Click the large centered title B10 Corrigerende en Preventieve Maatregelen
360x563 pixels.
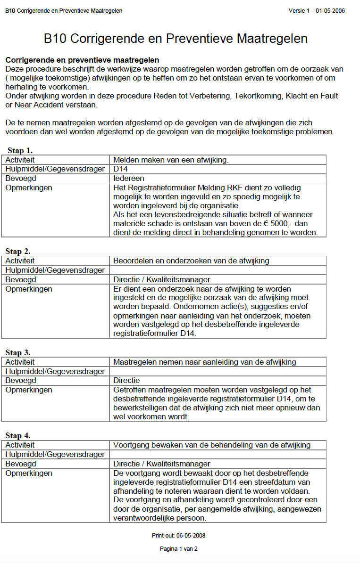pyautogui.click(x=176, y=39)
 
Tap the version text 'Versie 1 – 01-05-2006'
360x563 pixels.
pyautogui.click(x=316, y=11)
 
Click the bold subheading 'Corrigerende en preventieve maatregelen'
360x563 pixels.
pyautogui.click(x=82, y=60)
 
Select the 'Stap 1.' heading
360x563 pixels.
pyautogui.click(x=20, y=151)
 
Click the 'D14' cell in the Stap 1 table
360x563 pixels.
pyautogui.click(x=121, y=169)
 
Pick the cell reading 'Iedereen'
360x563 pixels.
pyautogui.click(x=129, y=179)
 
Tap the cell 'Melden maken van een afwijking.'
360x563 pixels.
pyautogui.click(x=171, y=160)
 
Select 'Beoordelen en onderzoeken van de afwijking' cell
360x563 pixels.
pyautogui.click(x=191, y=261)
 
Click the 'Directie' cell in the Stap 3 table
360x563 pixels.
pyautogui.click(x=126, y=381)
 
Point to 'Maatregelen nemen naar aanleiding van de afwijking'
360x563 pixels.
pyautogui.click(x=205, y=362)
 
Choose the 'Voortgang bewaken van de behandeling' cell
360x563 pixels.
pyautogui.click(x=212, y=445)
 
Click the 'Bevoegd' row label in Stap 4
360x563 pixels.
pyautogui.click(x=21, y=464)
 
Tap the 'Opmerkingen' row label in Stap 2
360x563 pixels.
pyautogui.click(x=29, y=289)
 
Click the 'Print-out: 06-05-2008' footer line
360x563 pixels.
pyautogui.click(x=178, y=536)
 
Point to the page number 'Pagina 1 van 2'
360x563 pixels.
pyautogui.click(x=178, y=549)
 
